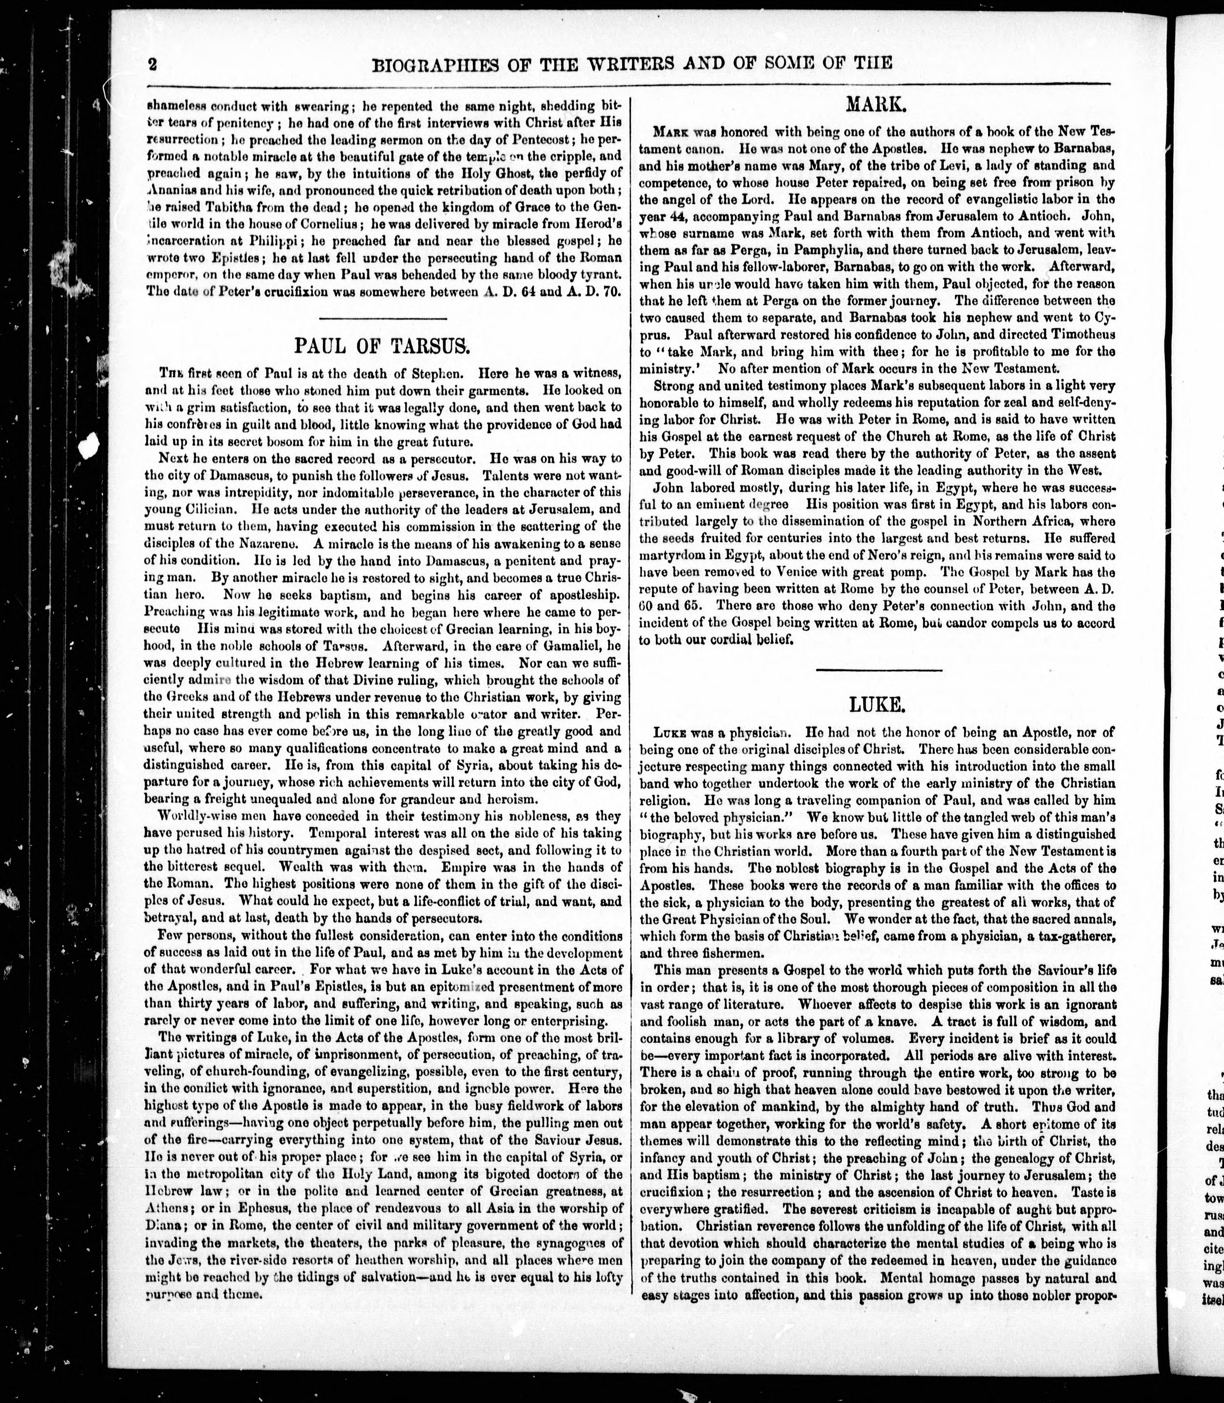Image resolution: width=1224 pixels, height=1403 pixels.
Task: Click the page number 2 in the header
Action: (152, 65)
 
